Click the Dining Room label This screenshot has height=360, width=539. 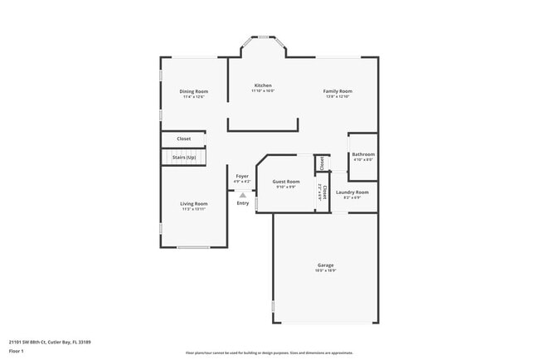(194, 91)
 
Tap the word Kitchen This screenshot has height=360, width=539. (263, 85)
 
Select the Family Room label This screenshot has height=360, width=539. (337, 91)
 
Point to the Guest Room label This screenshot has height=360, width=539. (286, 181)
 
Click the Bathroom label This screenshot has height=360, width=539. (363, 154)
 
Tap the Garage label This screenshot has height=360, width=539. (325, 265)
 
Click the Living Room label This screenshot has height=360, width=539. (194, 203)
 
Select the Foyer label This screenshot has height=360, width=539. (242, 176)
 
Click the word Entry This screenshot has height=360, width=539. (242, 203)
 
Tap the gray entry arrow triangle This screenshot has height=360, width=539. (242, 195)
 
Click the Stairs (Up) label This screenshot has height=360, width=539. (184, 157)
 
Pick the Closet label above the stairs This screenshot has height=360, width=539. (184, 139)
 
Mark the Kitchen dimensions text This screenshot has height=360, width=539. (263, 91)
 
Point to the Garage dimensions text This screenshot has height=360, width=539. (325, 271)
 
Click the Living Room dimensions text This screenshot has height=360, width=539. (194, 209)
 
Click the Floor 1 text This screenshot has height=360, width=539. (17, 350)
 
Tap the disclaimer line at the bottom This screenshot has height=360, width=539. (269, 353)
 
